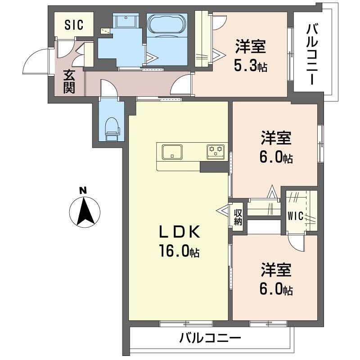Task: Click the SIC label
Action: click(x=74, y=25)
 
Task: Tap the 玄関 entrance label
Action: click(x=68, y=81)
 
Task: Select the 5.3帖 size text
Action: click(x=250, y=67)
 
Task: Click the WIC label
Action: click(x=296, y=215)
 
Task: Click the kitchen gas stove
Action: click(x=216, y=151)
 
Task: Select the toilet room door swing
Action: click(x=107, y=88)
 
